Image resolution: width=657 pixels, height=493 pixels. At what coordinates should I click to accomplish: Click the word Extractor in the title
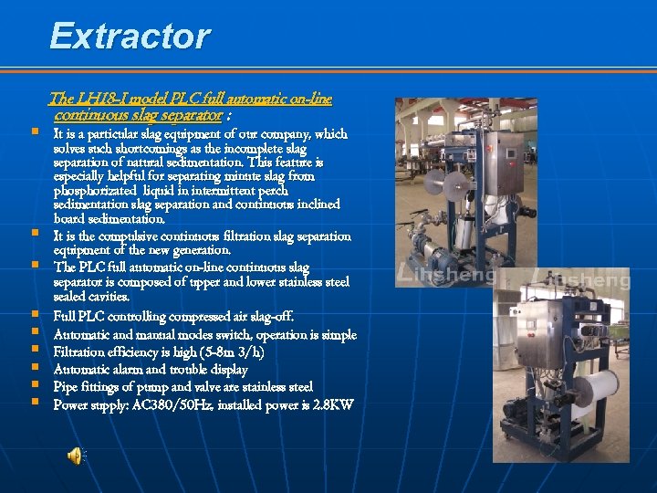pos(130,37)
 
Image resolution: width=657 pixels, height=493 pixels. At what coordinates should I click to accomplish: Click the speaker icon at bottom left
pos(77,455)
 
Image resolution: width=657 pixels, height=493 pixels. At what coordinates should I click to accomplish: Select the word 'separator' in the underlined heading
pos(192,116)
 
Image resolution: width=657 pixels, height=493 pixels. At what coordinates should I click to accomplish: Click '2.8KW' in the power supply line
pos(333,404)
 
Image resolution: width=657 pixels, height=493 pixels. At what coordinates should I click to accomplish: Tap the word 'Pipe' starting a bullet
pos(67,387)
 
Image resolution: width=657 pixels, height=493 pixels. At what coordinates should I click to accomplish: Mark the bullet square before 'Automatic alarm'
pos(34,368)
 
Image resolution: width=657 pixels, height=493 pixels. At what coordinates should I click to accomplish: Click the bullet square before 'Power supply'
pos(34,403)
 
